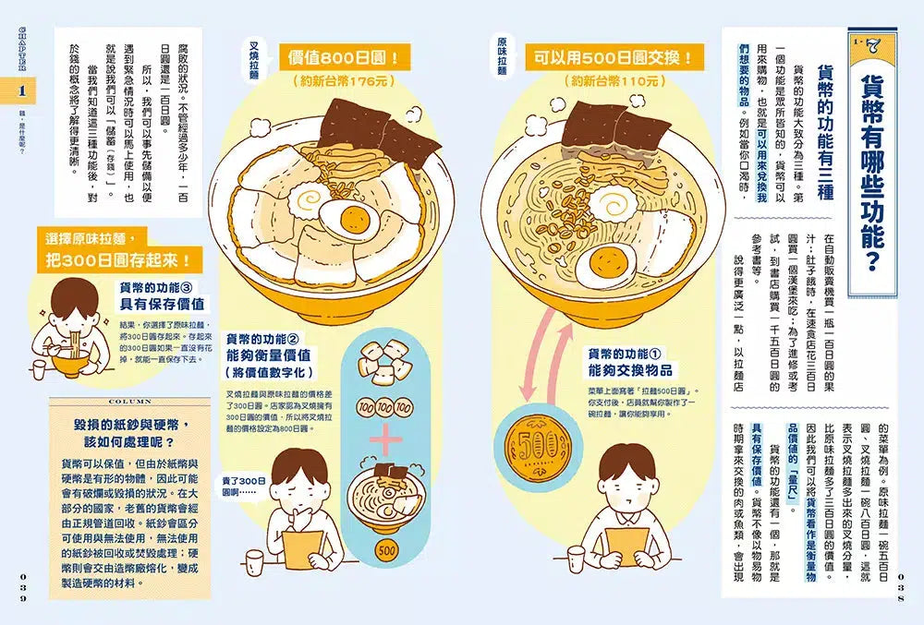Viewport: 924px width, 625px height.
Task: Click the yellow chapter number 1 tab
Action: click(x=20, y=91)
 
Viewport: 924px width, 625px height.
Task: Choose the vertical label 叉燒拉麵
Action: click(x=253, y=62)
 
